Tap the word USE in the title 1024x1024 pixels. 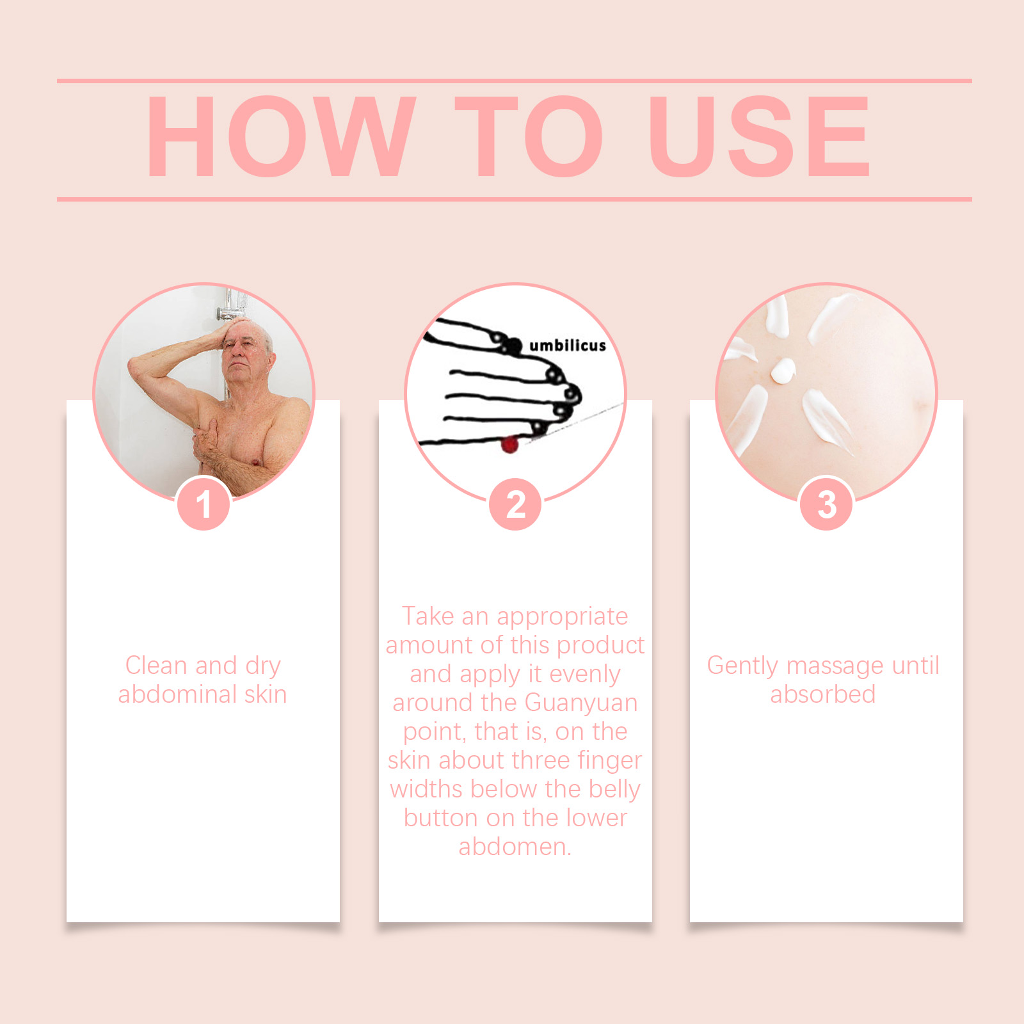coord(759,136)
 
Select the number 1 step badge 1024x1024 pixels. coord(204,504)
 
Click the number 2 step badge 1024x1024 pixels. coord(515,504)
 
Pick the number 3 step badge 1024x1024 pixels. coord(827,504)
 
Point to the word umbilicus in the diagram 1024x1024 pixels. coord(568,346)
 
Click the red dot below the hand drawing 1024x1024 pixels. coord(509,444)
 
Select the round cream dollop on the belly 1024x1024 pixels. coord(782,371)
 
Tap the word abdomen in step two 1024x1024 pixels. coord(513,847)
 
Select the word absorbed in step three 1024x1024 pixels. coord(823,694)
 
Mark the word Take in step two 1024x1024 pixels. coord(428,616)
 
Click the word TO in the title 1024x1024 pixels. coord(529,136)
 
